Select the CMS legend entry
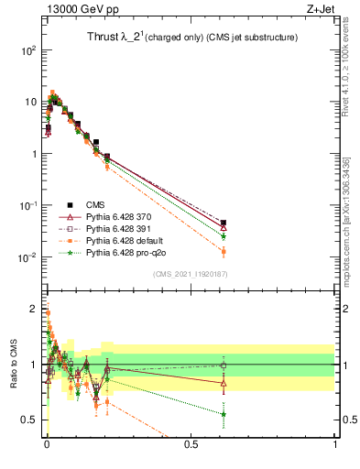pos(96,205)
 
